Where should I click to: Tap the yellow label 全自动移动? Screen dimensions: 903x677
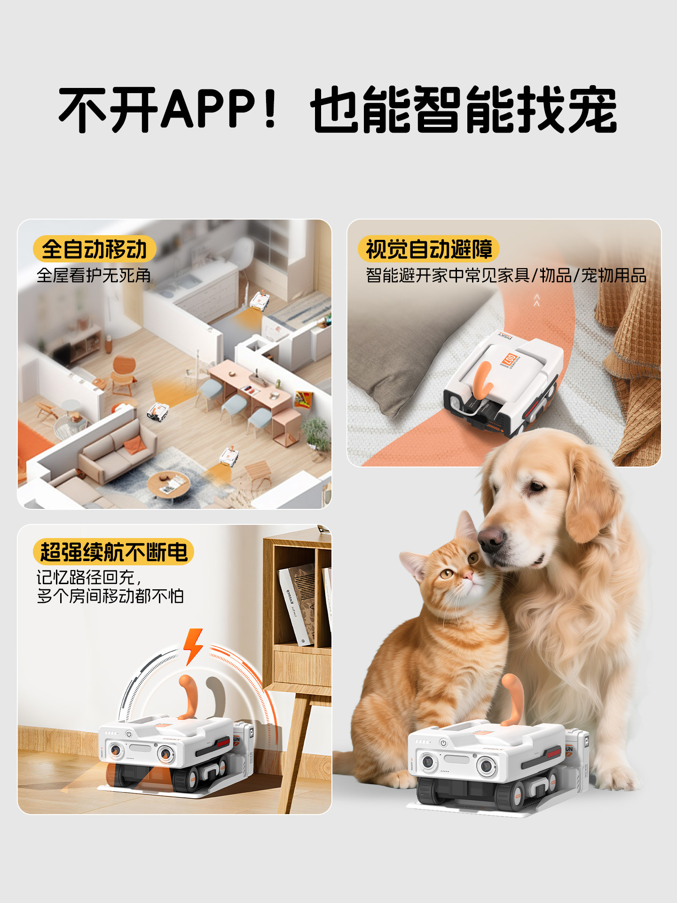point(94,249)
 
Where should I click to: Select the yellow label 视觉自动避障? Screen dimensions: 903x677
point(428,249)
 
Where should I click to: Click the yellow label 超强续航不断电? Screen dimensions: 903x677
point(113,552)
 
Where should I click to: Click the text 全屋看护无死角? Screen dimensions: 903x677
point(94,276)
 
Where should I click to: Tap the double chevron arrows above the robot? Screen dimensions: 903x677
point(537,300)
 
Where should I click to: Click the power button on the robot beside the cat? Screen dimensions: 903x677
point(443,743)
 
